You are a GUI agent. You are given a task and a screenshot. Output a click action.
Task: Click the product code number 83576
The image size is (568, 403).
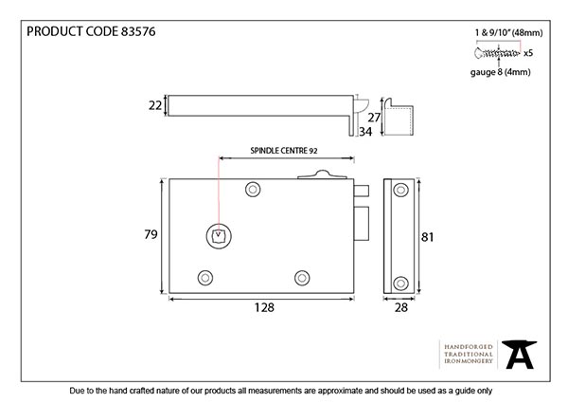click(x=138, y=31)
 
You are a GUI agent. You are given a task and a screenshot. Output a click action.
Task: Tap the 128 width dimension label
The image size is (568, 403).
click(x=264, y=307)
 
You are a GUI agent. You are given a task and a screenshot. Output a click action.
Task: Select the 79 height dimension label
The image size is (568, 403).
click(x=151, y=234)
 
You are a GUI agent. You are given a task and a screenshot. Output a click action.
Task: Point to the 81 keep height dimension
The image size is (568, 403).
click(x=428, y=237)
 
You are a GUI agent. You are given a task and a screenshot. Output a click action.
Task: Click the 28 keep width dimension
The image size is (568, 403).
click(x=401, y=307)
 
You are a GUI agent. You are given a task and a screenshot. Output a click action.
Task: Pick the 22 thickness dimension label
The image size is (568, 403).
click(x=155, y=105)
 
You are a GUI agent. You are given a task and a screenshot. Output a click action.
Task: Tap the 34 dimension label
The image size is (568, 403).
click(x=365, y=132)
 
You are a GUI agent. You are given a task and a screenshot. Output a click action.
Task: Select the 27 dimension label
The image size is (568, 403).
click(x=374, y=118)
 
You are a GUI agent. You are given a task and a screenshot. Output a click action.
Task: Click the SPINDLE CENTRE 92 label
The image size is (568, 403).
click(x=284, y=151)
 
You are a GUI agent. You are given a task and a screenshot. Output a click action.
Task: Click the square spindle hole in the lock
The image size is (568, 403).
click(x=219, y=236)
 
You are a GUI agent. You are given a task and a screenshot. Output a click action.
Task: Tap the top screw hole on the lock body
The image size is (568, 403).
click(x=253, y=190)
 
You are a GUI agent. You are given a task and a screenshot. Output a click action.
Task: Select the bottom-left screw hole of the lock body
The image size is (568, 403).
click(x=205, y=278)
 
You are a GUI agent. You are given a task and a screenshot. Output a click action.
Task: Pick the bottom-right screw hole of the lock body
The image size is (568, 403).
click(x=302, y=278)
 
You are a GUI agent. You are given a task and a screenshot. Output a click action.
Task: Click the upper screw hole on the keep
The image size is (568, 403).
click(x=400, y=190)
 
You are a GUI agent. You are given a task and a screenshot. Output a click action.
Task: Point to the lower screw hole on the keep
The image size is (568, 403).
click(x=400, y=283)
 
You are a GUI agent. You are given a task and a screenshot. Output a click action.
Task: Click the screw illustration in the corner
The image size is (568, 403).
click(x=497, y=53)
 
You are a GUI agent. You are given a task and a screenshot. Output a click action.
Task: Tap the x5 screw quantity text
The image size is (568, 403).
click(x=528, y=53)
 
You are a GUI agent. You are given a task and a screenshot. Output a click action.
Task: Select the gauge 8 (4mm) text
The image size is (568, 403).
click(x=500, y=72)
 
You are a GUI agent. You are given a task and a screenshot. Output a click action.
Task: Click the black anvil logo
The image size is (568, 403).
click(x=519, y=355)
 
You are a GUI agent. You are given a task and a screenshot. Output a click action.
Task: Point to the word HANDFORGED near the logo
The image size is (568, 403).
click(x=469, y=347)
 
